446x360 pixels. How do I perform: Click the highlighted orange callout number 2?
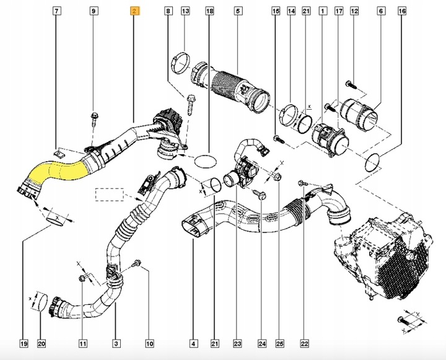tap(134, 11)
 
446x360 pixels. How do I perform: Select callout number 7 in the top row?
tap(56, 11)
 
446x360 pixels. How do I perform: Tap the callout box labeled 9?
tap(94, 11)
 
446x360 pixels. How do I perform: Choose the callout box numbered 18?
tap(209, 11)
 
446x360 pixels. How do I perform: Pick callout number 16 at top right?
tap(403, 11)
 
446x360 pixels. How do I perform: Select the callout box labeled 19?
tap(23, 343)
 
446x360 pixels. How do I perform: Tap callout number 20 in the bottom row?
tap(42, 343)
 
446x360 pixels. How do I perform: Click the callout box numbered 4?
tap(193, 343)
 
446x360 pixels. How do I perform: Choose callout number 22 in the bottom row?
tap(304, 343)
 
